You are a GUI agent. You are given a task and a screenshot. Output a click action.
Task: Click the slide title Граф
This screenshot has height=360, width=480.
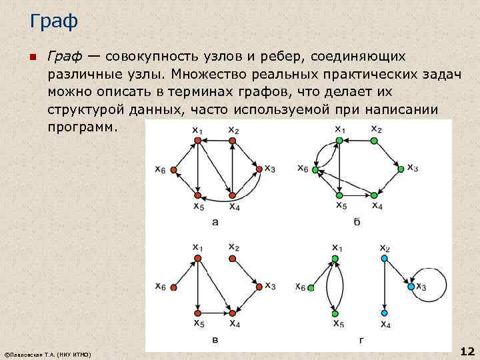point(54,22)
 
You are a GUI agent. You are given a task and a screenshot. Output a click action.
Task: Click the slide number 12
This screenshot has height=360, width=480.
point(467,351)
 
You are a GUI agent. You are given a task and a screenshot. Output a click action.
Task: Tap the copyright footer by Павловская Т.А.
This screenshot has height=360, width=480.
point(47,353)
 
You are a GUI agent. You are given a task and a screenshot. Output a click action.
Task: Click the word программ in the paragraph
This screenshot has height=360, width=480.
point(82,126)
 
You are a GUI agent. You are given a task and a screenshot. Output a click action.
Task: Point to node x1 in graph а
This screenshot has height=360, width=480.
point(198,141)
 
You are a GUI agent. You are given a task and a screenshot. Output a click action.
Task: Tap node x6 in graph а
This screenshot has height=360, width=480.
point(174,171)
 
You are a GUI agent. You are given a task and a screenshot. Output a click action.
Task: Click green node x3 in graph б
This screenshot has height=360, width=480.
point(401,169)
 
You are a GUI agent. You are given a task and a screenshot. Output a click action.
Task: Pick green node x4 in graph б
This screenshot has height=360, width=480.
point(375,195)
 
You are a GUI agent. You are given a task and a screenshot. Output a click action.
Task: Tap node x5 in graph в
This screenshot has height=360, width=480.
point(198,313)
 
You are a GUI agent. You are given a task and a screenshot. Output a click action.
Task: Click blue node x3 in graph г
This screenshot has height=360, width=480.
point(411,287)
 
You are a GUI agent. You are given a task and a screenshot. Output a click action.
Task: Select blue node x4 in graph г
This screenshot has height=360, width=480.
point(383,313)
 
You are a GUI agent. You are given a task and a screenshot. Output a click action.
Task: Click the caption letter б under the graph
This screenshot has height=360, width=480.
point(357,221)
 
